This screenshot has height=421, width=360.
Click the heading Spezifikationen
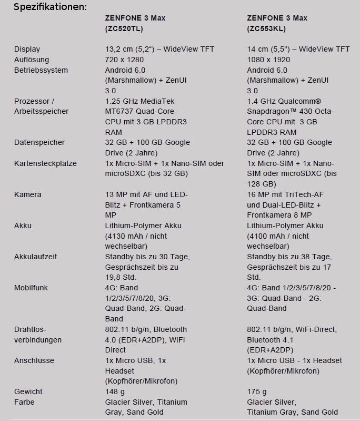coord(50,7)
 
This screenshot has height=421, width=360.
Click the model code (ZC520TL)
coord(125,28)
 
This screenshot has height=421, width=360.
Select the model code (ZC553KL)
coord(267,28)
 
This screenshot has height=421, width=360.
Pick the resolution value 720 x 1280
coord(124,60)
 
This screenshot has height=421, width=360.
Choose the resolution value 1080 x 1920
coord(268,60)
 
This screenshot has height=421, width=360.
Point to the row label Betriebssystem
coord(41,70)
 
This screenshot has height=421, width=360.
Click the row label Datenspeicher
coord(39,142)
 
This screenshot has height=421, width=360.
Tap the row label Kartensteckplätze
coord(45,163)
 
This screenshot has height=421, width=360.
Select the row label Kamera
coord(27,194)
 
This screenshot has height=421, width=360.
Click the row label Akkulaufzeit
coord(35,257)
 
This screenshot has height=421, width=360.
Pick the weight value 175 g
coord(257,391)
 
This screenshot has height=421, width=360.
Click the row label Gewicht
coord(28,391)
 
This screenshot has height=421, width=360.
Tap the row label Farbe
coord(24,402)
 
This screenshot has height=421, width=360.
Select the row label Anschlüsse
coord(34,360)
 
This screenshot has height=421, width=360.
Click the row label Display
coord(27,49)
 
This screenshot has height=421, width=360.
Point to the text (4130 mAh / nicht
coord(136,236)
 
